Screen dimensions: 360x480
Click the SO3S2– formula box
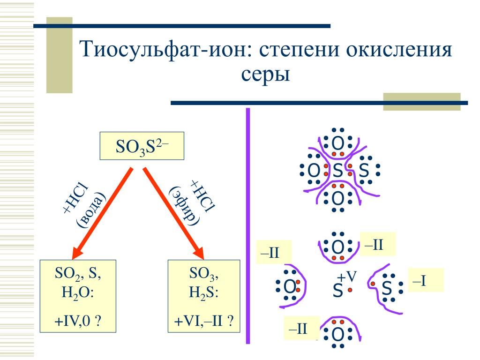point(142,146)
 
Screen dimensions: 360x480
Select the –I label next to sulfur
point(425,280)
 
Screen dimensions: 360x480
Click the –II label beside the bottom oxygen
point(300,328)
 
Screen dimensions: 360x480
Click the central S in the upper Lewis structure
point(337,172)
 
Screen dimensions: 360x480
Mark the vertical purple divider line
point(248,225)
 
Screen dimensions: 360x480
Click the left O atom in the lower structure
point(290,286)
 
